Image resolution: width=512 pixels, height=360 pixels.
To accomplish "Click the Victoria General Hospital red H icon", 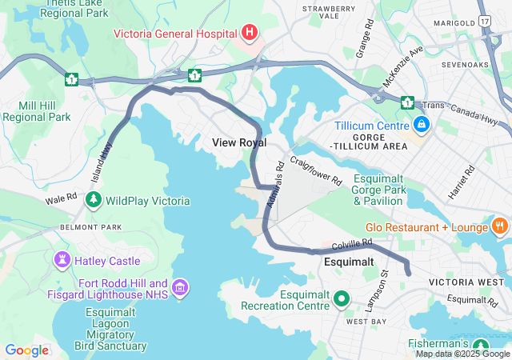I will pyautogui.click(x=250, y=33).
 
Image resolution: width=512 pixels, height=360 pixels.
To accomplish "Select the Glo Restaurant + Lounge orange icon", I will pyautogui.click(x=500, y=227).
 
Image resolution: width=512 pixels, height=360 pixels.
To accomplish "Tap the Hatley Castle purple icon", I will pyautogui.click(x=61, y=260).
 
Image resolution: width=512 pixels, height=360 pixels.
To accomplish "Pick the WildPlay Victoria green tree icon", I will pyautogui.click(x=94, y=200).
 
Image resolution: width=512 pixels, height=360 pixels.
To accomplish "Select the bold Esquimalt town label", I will pyautogui.click(x=349, y=262).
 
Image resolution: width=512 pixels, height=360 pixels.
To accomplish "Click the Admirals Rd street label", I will pyautogui.click(x=276, y=187).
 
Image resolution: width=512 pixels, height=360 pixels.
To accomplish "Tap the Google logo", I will pyautogui.click(x=27, y=350).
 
